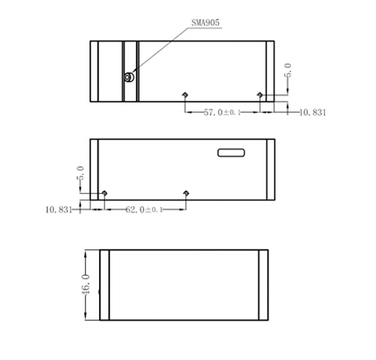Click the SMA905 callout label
206,23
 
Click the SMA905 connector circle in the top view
129,77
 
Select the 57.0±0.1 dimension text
222,112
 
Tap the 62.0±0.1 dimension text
144,210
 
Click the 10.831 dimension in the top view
313,112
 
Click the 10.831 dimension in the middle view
59,210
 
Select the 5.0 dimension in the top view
288,70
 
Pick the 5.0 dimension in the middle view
80,173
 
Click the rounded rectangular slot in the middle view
231,153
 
